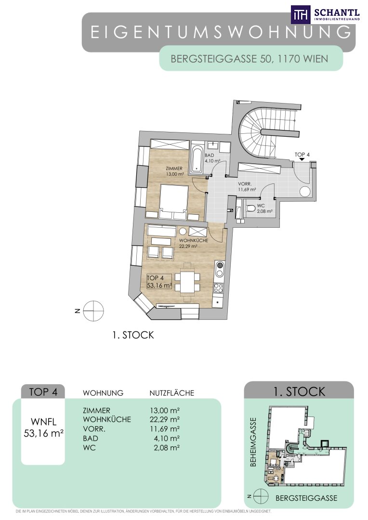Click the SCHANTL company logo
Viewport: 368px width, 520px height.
pyautogui.click(x=325, y=14)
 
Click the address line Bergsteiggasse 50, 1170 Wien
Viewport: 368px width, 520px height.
pyautogui.click(x=249, y=59)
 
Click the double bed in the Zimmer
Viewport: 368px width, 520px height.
pyautogui.click(x=173, y=202)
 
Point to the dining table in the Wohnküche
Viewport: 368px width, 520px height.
pyautogui.click(x=188, y=282)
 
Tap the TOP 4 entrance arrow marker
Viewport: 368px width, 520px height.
pyautogui.click(x=302, y=159)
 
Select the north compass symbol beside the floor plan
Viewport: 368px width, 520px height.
pyautogui.click(x=93, y=311)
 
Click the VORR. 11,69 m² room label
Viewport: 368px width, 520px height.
pyautogui.click(x=247, y=187)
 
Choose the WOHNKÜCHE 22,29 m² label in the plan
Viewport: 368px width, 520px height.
pyautogui.click(x=194, y=243)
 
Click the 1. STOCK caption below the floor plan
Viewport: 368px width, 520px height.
pyautogui.click(x=133, y=335)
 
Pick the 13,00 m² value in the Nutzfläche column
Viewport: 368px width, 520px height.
pyautogui.click(x=165, y=410)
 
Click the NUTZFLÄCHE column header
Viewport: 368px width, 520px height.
pyautogui.click(x=172, y=393)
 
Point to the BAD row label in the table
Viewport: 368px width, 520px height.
pyautogui.click(x=90, y=438)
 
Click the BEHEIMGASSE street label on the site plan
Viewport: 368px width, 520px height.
pyautogui.click(x=253, y=442)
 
